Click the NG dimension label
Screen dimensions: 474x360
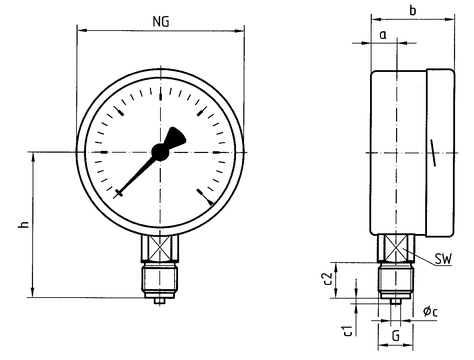(x=161, y=21)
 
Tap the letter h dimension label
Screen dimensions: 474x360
(x=23, y=224)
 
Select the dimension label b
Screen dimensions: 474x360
(x=413, y=10)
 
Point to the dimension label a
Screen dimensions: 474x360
(x=383, y=34)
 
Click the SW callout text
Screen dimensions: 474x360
(x=443, y=259)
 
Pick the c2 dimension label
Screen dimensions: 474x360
(x=328, y=279)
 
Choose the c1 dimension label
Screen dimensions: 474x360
(x=347, y=330)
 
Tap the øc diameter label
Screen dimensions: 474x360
(x=430, y=312)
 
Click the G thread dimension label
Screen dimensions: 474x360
(x=395, y=336)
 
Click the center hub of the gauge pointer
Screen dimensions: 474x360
(x=160, y=152)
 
